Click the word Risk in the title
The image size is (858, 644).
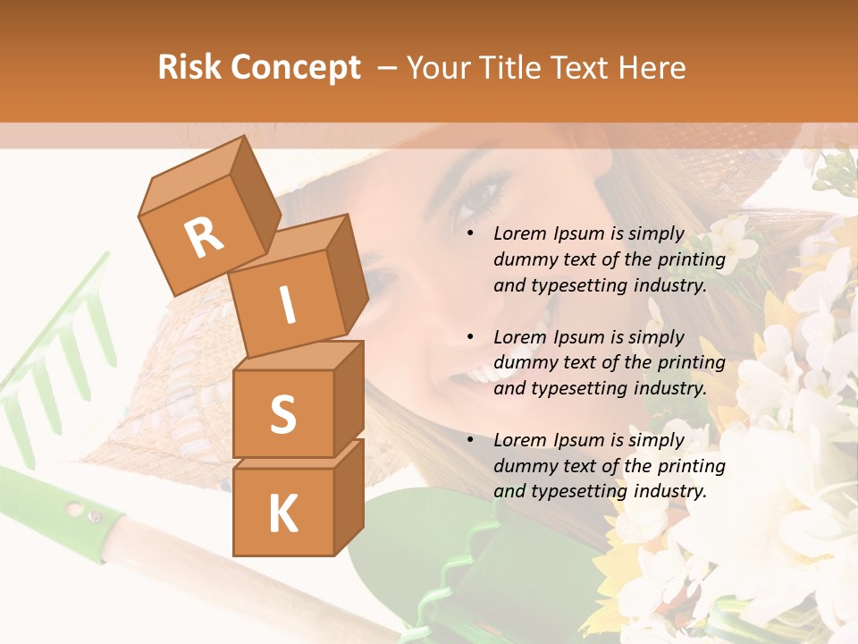pyautogui.click(x=190, y=68)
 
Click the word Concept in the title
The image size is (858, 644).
pyautogui.click(x=296, y=69)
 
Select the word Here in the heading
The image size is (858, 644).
pyautogui.click(x=652, y=68)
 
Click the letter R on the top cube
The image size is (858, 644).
pyautogui.click(x=204, y=237)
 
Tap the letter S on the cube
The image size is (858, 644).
pyautogui.click(x=282, y=414)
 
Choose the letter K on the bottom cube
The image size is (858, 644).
pyautogui.click(x=282, y=514)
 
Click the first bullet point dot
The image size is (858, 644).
pyautogui.click(x=471, y=233)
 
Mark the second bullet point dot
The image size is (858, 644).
pyautogui.click(x=471, y=337)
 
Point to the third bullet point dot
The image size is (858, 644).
pyautogui.click(x=471, y=440)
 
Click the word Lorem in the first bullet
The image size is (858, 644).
pyautogui.click(x=519, y=233)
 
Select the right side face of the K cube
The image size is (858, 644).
pyautogui.click(x=349, y=496)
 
